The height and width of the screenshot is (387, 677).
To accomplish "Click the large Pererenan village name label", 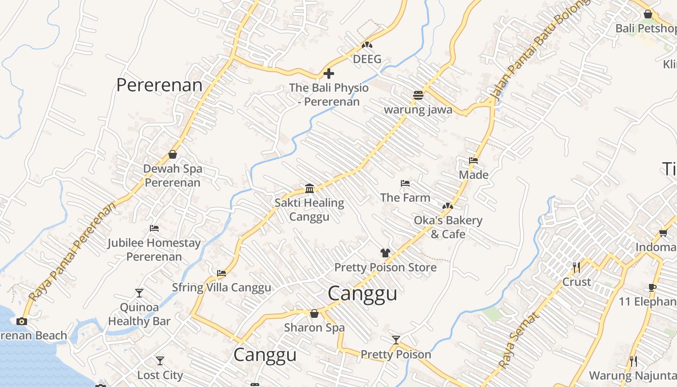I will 159,85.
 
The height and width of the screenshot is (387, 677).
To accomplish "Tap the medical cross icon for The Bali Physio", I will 329,74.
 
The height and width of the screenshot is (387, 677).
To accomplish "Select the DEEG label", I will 367,59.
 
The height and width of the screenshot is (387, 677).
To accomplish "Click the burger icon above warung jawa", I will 418,95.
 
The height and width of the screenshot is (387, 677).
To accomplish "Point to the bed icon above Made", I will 473,161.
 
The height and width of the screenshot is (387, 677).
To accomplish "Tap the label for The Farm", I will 405,197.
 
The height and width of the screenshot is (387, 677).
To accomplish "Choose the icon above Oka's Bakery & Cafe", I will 448,206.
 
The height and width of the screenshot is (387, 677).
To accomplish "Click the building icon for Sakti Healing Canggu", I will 309,188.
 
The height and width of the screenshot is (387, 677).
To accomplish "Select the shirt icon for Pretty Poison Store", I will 385,253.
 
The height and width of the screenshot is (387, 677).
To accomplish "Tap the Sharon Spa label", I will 314,327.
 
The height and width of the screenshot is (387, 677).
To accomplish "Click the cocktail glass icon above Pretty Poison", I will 396,340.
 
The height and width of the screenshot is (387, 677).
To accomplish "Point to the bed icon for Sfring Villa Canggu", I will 221,273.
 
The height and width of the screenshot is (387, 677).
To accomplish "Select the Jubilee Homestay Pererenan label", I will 154,250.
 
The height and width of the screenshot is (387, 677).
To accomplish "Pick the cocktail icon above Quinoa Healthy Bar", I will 139,293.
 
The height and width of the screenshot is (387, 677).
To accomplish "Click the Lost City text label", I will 160,375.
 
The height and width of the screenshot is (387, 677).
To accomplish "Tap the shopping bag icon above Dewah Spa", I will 173,154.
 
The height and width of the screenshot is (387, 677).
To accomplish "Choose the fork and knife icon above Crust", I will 576,268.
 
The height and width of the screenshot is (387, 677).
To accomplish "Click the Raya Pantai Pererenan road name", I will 72,252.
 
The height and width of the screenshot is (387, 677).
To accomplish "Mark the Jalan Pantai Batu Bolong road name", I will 540,51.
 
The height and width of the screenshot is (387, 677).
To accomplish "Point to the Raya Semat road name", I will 518,341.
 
